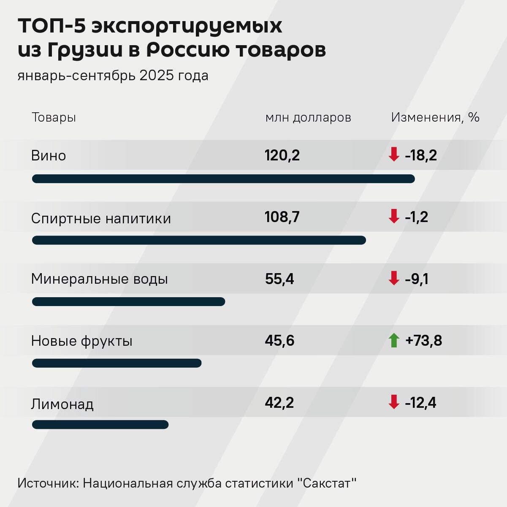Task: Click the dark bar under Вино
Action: pyautogui.click(x=223, y=179)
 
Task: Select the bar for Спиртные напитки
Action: pyautogui.click(x=199, y=240)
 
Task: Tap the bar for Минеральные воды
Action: pyautogui.click(x=128, y=301)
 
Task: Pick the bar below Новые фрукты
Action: pyautogui.click(x=117, y=363)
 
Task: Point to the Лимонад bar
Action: pyautogui.click(x=100, y=425)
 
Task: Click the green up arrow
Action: pyautogui.click(x=394, y=340)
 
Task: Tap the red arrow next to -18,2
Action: pyautogui.click(x=394, y=155)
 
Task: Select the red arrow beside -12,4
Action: pyautogui.click(x=394, y=402)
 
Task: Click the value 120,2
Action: pyautogui.click(x=282, y=155)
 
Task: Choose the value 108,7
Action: pyautogui.click(x=282, y=217)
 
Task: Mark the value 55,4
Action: pyautogui.click(x=279, y=279)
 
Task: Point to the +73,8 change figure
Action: pyautogui.click(x=423, y=340)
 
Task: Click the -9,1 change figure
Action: pyautogui.click(x=417, y=279)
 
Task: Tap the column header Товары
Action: pyautogui.click(x=54, y=117)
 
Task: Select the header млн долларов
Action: pyautogui.click(x=308, y=117)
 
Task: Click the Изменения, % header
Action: pyautogui.click(x=435, y=117)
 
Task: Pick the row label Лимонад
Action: pyautogui.click(x=62, y=404)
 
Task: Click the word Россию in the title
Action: pyautogui.click(x=188, y=50)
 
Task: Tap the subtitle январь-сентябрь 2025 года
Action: pyautogui.click(x=113, y=76)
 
